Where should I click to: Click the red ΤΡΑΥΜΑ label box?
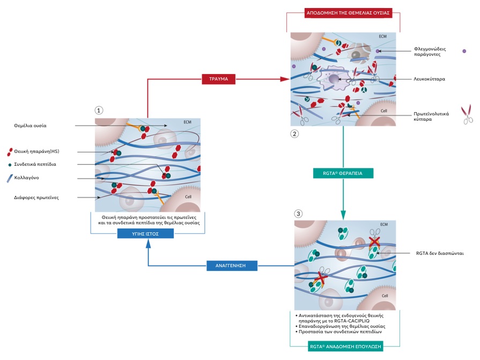tap(218, 79)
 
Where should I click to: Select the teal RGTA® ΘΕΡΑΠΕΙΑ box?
tap(343, 173)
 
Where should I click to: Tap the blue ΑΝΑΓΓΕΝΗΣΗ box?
tap(232, 266)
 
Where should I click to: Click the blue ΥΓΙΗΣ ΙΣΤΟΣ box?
tap(145, 234)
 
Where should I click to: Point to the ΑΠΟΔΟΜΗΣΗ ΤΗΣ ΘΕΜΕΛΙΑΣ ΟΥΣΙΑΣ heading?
tap(348, 13)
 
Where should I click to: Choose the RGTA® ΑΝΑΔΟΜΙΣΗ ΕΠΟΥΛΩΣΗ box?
tap(345, 347)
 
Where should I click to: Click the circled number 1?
tap(99, 110)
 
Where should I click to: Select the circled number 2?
tap(294, 134)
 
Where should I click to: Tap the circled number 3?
tap(298, 214)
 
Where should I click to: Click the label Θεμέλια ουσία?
tap(30, 126)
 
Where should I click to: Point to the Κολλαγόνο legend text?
tap(27, 178)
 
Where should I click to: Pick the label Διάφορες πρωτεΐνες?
tap(36, 197)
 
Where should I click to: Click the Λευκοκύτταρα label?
tap(429, 79)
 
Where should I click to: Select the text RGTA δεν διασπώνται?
tap(440, 253)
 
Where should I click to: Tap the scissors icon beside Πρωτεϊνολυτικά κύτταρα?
tap(467, 114)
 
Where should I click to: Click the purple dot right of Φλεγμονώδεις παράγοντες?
tap(464, 51)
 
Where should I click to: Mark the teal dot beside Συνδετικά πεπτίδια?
tap(10, 165)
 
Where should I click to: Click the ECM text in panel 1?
tap(187, 122)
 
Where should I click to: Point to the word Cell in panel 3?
tap(385, 296)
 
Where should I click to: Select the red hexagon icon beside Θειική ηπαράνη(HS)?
tap(10, 152)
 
